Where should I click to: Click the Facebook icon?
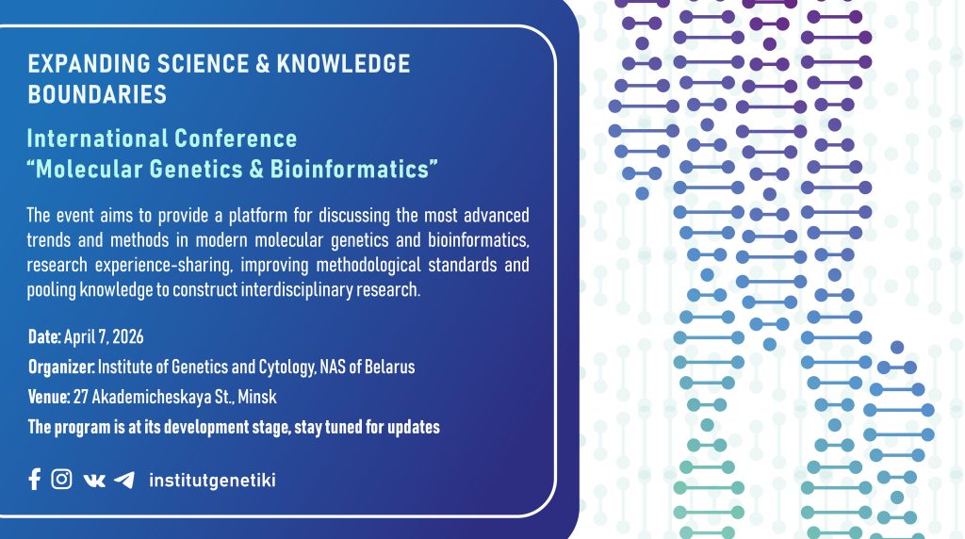35,479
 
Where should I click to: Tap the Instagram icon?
61,479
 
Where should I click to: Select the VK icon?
94,480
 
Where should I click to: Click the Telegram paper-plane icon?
124,480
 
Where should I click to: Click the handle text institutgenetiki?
212,480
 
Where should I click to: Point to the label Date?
44,336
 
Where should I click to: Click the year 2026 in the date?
128,336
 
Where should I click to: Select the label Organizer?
61,367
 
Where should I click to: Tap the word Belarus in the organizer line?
389,367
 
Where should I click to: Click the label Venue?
49,397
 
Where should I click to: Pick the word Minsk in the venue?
257,397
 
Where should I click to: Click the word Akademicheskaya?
152,397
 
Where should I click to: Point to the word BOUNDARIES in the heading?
97,95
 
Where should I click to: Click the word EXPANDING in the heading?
90,64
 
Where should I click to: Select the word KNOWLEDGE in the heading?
343,64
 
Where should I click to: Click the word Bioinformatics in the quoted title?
350,170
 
